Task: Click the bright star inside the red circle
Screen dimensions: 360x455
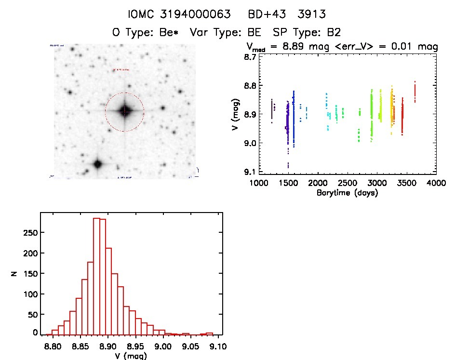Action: coord(125,111)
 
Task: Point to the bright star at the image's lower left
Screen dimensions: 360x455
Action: coord(97,164)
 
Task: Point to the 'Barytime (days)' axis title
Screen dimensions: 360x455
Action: coord(347,193)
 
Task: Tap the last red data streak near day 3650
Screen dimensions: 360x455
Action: coord(415,92)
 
